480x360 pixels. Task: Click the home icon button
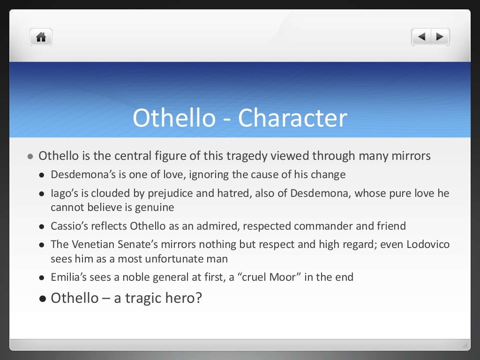pos(41,37)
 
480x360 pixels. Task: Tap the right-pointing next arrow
pos(440,37)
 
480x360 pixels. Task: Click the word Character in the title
pos(292,118)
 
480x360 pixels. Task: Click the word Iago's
pos(63,194)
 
